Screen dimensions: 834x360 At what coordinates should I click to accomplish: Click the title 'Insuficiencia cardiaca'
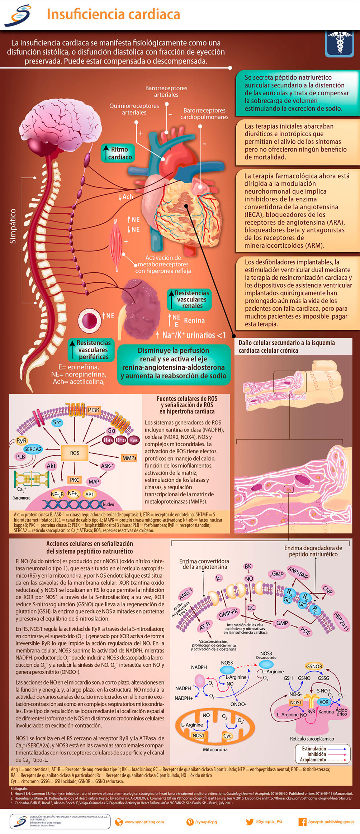coord(113,15)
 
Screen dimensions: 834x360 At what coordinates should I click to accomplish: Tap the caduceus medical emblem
coord(339,43)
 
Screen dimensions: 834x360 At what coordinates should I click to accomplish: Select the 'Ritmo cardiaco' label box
coord(118,153)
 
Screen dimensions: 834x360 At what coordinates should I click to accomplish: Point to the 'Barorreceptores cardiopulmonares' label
coord(204,114)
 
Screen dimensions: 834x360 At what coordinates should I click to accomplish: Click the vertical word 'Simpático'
coord(13,226)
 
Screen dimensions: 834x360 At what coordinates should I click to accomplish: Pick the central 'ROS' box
coord(75,453)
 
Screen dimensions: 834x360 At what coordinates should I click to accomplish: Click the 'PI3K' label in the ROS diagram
coord(94,410)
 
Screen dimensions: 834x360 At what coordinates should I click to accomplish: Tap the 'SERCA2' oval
coord(33,449)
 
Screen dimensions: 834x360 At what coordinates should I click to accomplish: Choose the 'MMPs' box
coord(129,458)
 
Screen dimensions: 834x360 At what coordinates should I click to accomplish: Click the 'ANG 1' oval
coord(186,594)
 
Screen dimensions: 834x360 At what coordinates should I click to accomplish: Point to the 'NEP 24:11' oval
coord(341,621)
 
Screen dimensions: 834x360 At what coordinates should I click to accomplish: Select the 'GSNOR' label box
coord(314,666)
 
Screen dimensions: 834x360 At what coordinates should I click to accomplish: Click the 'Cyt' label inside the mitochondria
coord(227,736)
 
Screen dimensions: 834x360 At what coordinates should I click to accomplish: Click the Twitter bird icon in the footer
coord(250,822)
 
